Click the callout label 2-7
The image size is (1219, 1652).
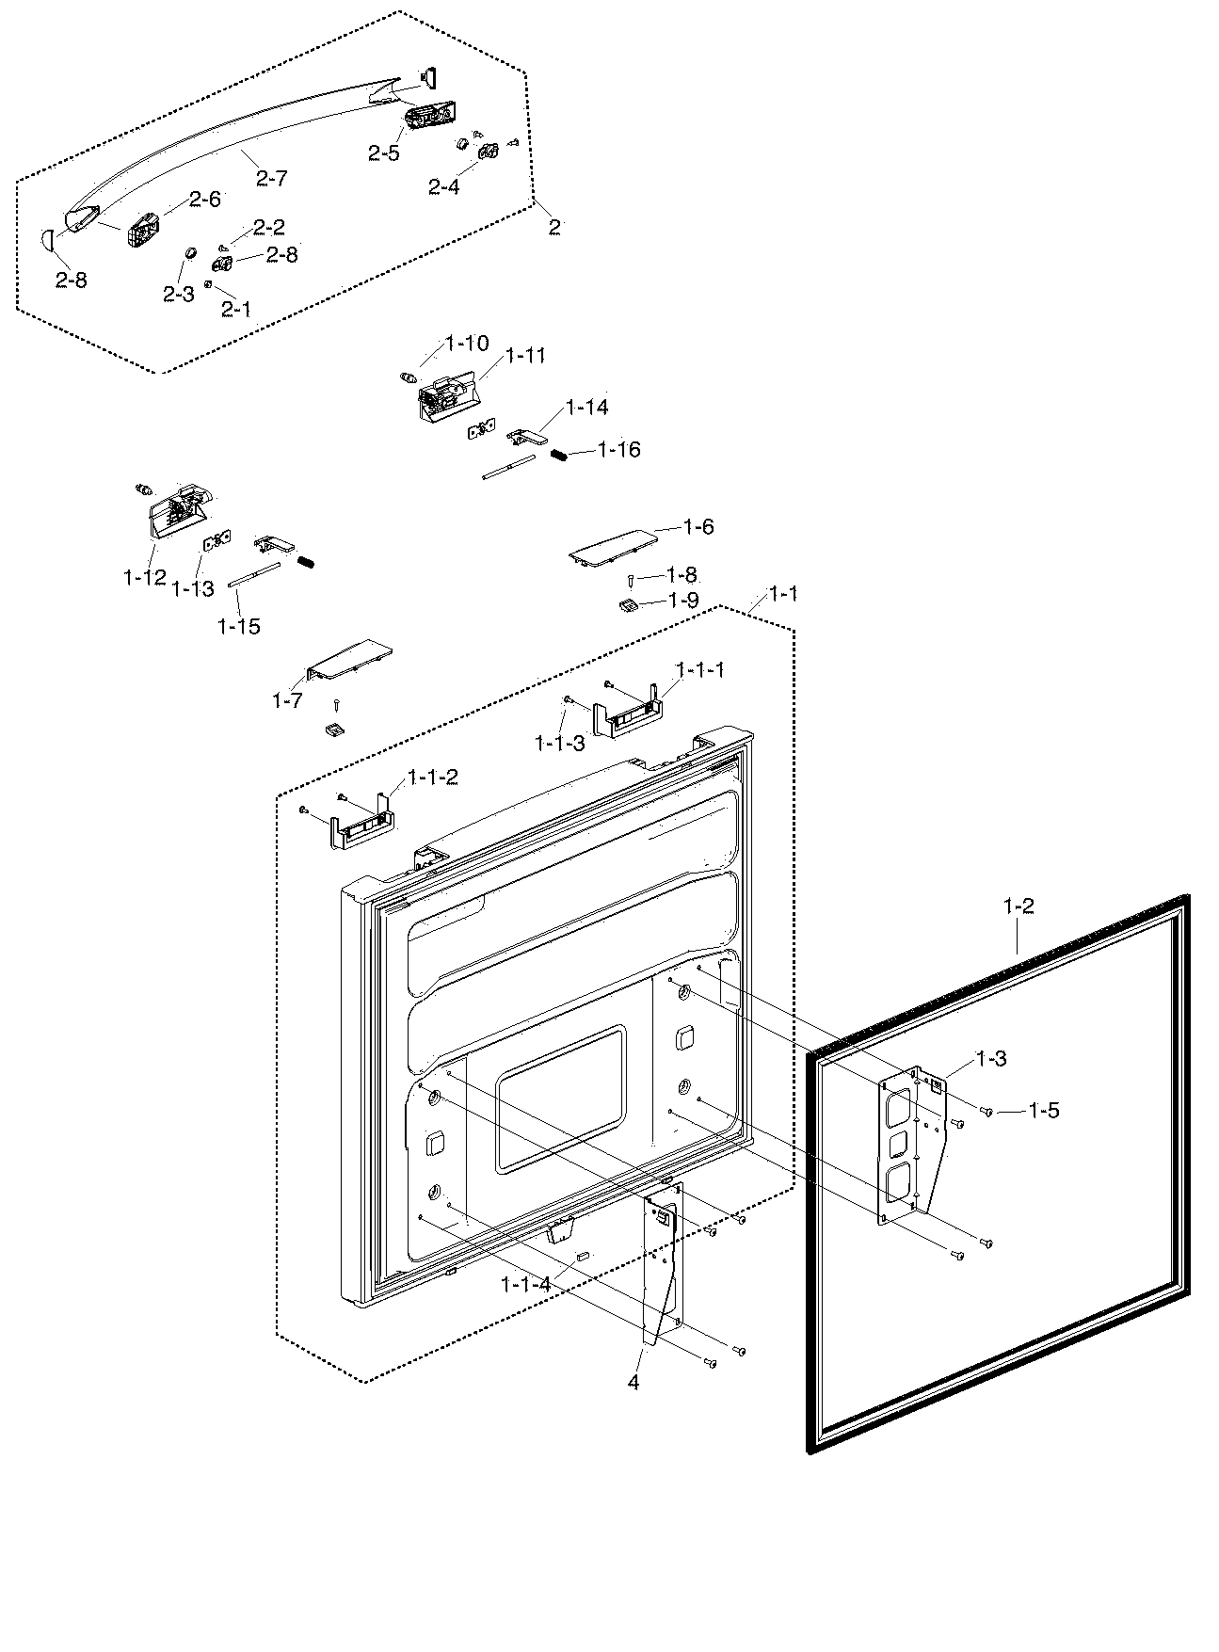tap(271, 177)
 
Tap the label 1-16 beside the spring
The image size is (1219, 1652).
tap(618, 450)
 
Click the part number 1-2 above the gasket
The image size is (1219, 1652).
tap(1019, 906)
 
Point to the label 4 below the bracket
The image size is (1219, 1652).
tap(634, 1382)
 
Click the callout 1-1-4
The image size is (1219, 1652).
tap(525, 1283)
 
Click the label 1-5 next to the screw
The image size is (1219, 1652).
tap(1043, 1111)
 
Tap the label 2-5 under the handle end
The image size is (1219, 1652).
tap(383, 153)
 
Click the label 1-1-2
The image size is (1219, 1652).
tap(432, 778)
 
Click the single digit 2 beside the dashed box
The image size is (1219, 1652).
tap(554, 226)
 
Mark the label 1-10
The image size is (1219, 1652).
tap(466, 344)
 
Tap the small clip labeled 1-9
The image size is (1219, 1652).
tap(628, 603)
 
